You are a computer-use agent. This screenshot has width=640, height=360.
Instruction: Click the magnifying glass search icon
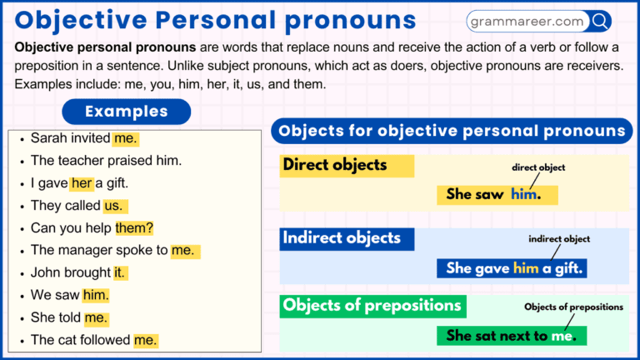pyautogui.click(x=599, y=22)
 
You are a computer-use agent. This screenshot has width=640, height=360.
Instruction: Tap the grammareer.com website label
pyautogui.click(x=527, y=22)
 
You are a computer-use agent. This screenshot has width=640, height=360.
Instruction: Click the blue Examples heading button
pyautogui.click(x=127, y=112)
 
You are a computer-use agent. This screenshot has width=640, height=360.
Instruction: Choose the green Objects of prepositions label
pyautogui.click(x=372, y=305)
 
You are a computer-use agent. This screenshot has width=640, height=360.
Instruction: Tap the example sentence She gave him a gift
pyautogui.click(x=514, y=267)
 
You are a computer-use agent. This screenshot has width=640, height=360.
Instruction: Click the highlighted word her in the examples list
pyautogui.click(x=82, y=183)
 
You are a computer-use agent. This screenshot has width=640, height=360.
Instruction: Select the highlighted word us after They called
pyautogui.click(x=113, y=206)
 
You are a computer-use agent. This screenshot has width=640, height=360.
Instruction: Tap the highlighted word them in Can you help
pyautogui.click(x=134, y=227)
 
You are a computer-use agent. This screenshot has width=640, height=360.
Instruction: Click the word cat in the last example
pyautogui.click(x=67, y=340)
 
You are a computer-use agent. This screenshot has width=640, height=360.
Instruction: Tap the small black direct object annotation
pyautogui.click(x=538, y=167)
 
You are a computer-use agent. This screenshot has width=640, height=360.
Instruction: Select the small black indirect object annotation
pyautogui.click(x=559, y=239)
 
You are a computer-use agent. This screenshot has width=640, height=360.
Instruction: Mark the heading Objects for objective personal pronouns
pyautogui.click(x=452, y=131)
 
